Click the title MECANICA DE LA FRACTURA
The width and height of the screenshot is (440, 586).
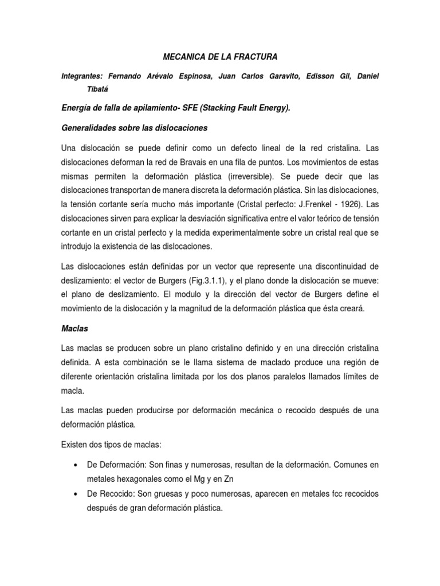[x=219, y=57]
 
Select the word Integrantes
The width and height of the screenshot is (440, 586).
[x=85, y=76]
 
